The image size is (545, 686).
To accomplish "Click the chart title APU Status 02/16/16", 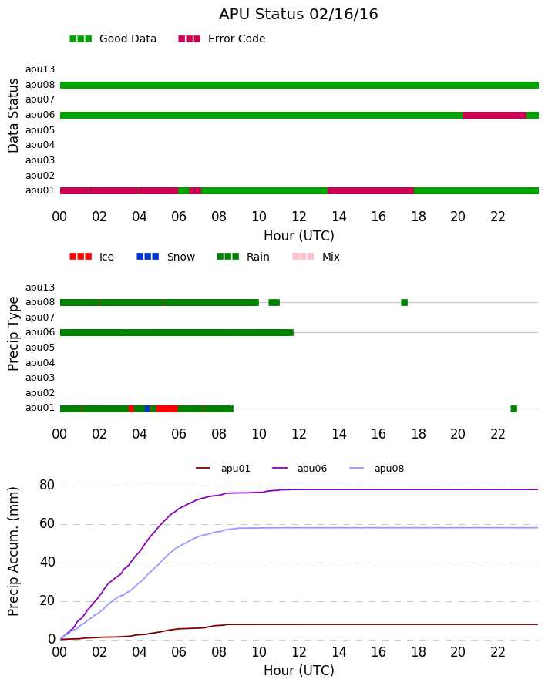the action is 298,14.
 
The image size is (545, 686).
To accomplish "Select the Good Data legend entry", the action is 113,39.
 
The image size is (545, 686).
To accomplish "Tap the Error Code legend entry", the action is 222,39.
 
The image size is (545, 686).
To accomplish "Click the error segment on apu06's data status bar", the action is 494,115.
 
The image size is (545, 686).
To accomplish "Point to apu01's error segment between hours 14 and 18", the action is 371,190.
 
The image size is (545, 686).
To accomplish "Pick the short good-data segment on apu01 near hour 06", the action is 183,190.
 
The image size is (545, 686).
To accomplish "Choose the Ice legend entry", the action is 92,257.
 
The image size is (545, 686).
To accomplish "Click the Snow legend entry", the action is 166,257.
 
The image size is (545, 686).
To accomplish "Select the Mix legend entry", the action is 316,257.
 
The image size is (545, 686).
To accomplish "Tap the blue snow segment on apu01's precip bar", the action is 147,409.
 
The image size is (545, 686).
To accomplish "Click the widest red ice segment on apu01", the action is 167,409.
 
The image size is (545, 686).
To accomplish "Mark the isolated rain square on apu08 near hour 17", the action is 404,302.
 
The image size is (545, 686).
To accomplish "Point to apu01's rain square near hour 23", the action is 514,409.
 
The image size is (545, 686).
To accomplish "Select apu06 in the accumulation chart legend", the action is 300,469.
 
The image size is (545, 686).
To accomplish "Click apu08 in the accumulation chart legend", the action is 377,469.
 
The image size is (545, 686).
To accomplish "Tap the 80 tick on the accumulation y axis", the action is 47,485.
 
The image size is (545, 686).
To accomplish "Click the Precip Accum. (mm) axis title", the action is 14,552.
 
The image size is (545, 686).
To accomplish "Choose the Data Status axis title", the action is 13,116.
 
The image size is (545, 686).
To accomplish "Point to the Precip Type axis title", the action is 13,334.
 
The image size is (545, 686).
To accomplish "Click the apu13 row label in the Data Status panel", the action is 40,69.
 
